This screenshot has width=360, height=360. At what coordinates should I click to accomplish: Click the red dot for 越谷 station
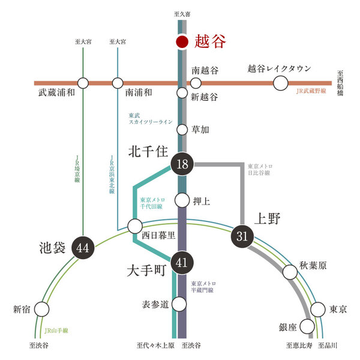182,41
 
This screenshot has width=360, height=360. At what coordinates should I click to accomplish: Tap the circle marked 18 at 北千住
182,164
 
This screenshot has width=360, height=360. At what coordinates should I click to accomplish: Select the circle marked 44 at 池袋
82,247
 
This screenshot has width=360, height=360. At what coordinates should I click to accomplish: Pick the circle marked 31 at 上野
242,236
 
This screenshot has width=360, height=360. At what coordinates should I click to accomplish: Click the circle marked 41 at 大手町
182,262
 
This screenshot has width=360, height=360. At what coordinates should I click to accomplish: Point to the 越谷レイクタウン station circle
280,83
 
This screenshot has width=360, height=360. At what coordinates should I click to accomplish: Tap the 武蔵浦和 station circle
83,83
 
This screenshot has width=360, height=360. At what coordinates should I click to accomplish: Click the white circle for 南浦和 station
118,83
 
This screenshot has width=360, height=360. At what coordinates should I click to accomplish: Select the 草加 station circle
182,129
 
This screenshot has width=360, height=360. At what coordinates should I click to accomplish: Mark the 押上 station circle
182,199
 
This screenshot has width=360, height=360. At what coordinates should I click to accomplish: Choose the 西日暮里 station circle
135,227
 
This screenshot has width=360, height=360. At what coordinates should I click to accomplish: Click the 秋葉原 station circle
290,272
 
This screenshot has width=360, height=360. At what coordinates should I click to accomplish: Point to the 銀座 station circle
307,327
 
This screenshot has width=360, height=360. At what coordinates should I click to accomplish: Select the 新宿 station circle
41,309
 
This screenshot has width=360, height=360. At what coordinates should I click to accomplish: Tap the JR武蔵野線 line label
310,91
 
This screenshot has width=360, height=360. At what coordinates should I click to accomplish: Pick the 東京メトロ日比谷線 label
260,169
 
